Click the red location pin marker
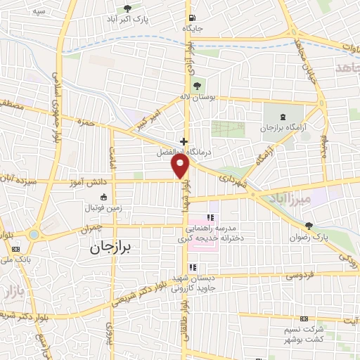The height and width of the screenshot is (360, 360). pyautogui.click(x=181, y=166)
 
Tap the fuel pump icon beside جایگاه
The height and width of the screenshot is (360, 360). pyautogui.click(x=193, y=18)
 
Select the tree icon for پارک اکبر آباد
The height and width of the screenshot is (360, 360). pyautogui.click(x=127, y=8)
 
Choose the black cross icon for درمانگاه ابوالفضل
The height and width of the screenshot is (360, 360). pyautogui.click(x=184, y=141)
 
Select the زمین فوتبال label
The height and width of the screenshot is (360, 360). pyautogui.click(x=103, y=209)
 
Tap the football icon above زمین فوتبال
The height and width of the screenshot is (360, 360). pyautogui.click(x=104, y=197)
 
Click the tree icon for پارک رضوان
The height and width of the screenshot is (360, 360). pyautogui.click(x=309, y=225)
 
